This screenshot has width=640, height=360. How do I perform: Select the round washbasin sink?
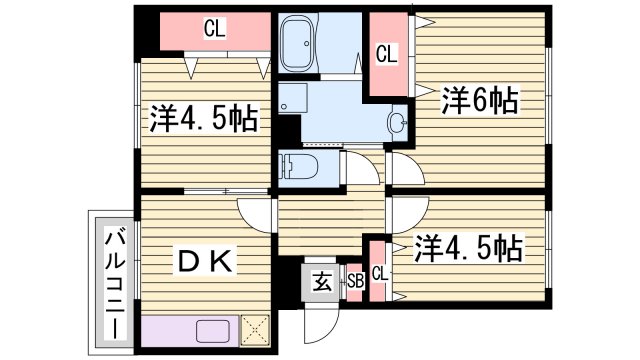tap(396, 125)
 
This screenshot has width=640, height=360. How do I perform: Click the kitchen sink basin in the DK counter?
tap(213, 331)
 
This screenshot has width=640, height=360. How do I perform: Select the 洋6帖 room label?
tap(479, 99)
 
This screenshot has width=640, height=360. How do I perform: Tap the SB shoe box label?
tap(355, 281)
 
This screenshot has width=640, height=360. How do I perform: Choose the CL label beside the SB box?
tap(380, 273)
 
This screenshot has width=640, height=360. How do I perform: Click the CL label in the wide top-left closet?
tap(214, 30)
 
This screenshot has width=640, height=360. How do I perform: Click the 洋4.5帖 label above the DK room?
tap(205, 119)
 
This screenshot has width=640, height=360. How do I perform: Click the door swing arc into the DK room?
tap(255, 215)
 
